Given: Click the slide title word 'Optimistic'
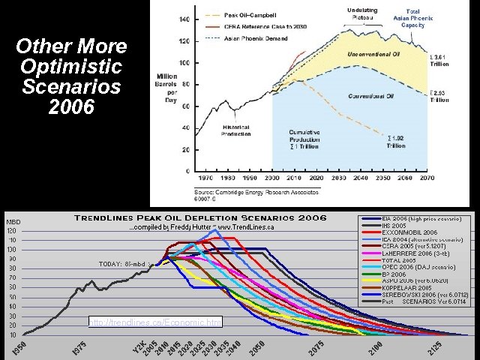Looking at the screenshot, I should point(71,67).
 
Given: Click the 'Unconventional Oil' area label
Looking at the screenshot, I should point(372,54).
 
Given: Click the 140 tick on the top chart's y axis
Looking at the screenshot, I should point(184,18).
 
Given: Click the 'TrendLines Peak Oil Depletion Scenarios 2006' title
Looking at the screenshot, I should point(199,218).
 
